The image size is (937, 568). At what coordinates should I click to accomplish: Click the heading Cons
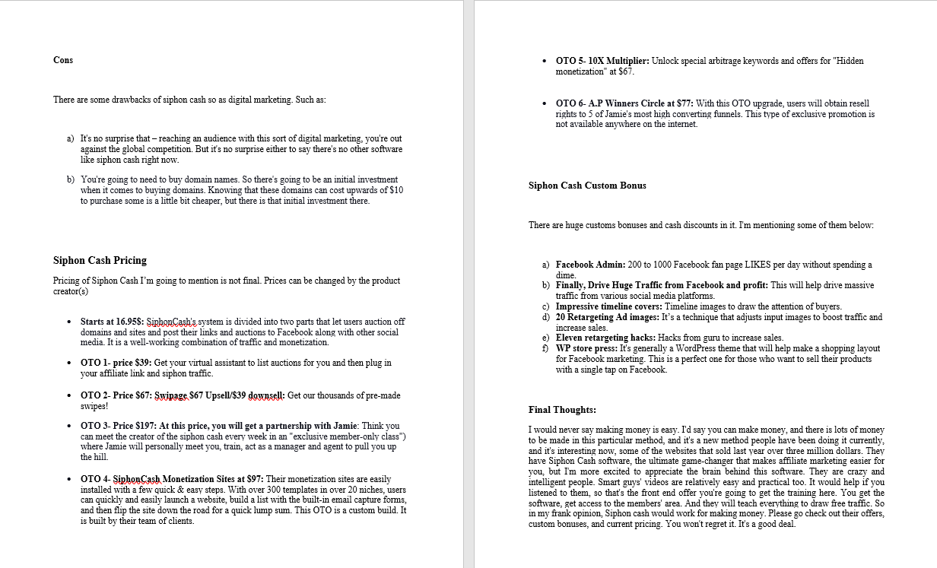pyautogui.click(x=63, y=60)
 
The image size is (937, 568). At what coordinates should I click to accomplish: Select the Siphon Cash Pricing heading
pyautogui.click(x=100, y=260)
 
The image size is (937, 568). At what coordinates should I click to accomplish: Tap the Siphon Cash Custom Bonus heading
pyautogui.click(x=587, y=186)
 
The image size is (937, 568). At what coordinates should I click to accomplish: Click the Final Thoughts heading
pyautogui.click(x=562, y=410)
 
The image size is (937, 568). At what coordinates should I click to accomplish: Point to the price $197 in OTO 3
pyautogui.click(x=145, y=426)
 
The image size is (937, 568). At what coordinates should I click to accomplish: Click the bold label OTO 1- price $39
pyautogui.click(x=115, y=363)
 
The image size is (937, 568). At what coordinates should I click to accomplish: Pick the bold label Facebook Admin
pyautogui.click(x=590, y=265)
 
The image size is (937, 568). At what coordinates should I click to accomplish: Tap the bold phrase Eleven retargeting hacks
pyautogui.click(x=605, y=338)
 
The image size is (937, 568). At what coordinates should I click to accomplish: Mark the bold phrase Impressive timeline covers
pyautogui.click(x=608, y=306)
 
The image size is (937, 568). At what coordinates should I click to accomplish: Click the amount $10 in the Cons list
pyautogui.click(x=395, y=190)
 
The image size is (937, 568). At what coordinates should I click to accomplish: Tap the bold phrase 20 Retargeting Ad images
pyautogui.click(x=607, y=317)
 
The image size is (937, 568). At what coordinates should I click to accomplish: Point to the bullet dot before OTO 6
pyautogui.click(x=545, y=103)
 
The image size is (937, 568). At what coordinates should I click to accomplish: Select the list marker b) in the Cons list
pyautogui.click(x=71, y=179)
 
